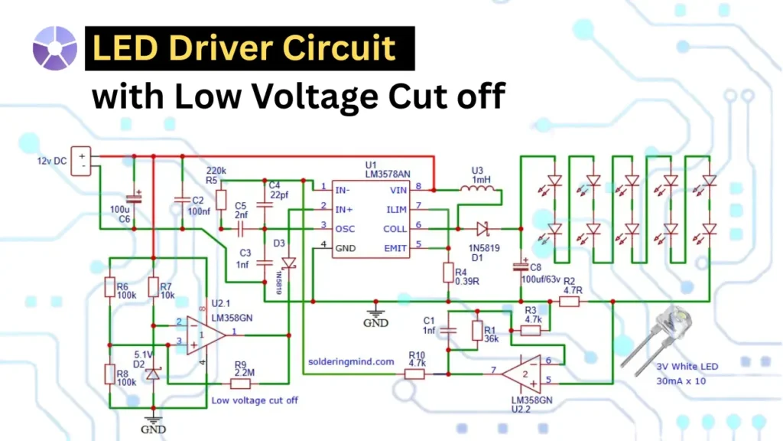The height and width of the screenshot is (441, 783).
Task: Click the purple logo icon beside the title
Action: coord(54,48)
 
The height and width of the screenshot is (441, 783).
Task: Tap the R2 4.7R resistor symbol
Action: coord(568,302)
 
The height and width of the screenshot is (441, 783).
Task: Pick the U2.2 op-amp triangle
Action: coord(521,373)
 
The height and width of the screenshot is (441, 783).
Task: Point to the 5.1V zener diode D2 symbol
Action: coord(153,373)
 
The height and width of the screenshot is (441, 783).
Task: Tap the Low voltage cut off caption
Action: coord(255,400)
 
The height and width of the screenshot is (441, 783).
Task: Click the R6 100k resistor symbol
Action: coord(109,288)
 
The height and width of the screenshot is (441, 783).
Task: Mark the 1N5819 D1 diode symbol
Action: coord(481,227)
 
